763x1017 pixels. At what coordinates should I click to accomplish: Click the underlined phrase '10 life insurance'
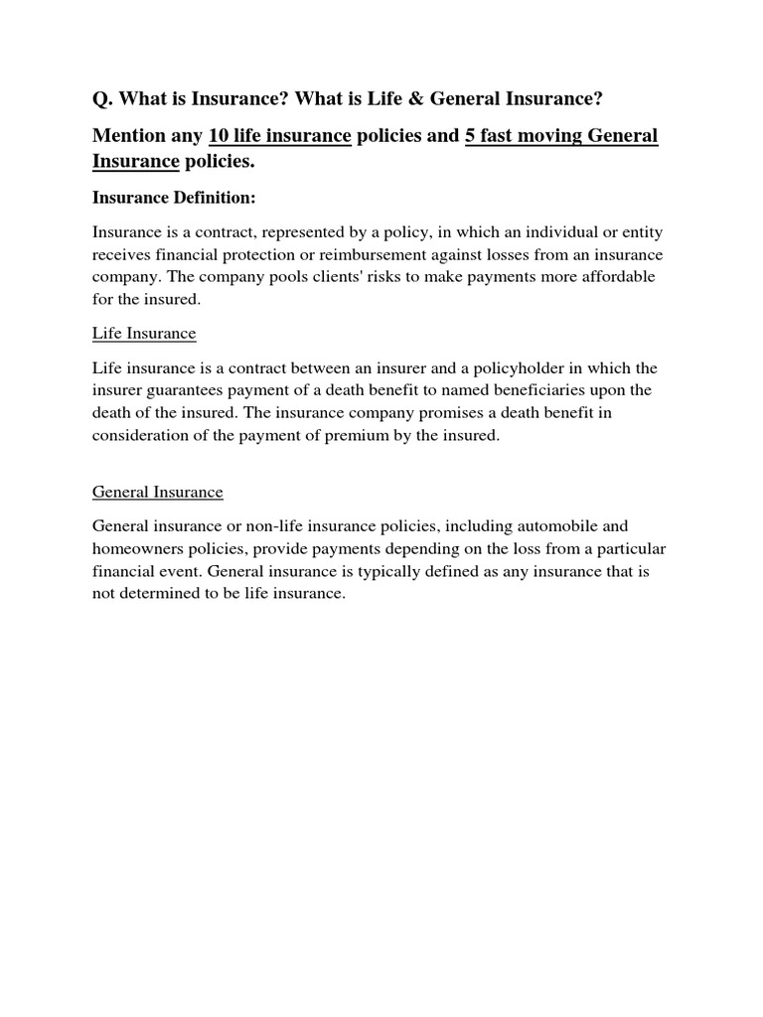(x=279, y=136)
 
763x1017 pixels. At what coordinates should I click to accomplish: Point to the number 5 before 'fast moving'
(x=470, y=136)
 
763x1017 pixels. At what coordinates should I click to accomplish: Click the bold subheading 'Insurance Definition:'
(x=174, y=198)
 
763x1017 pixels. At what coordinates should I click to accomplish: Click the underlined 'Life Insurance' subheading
(x=144, y=333)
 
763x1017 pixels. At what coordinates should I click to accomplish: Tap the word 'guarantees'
(x=195, y=390)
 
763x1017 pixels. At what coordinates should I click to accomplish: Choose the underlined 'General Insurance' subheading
(x=158, y=492)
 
